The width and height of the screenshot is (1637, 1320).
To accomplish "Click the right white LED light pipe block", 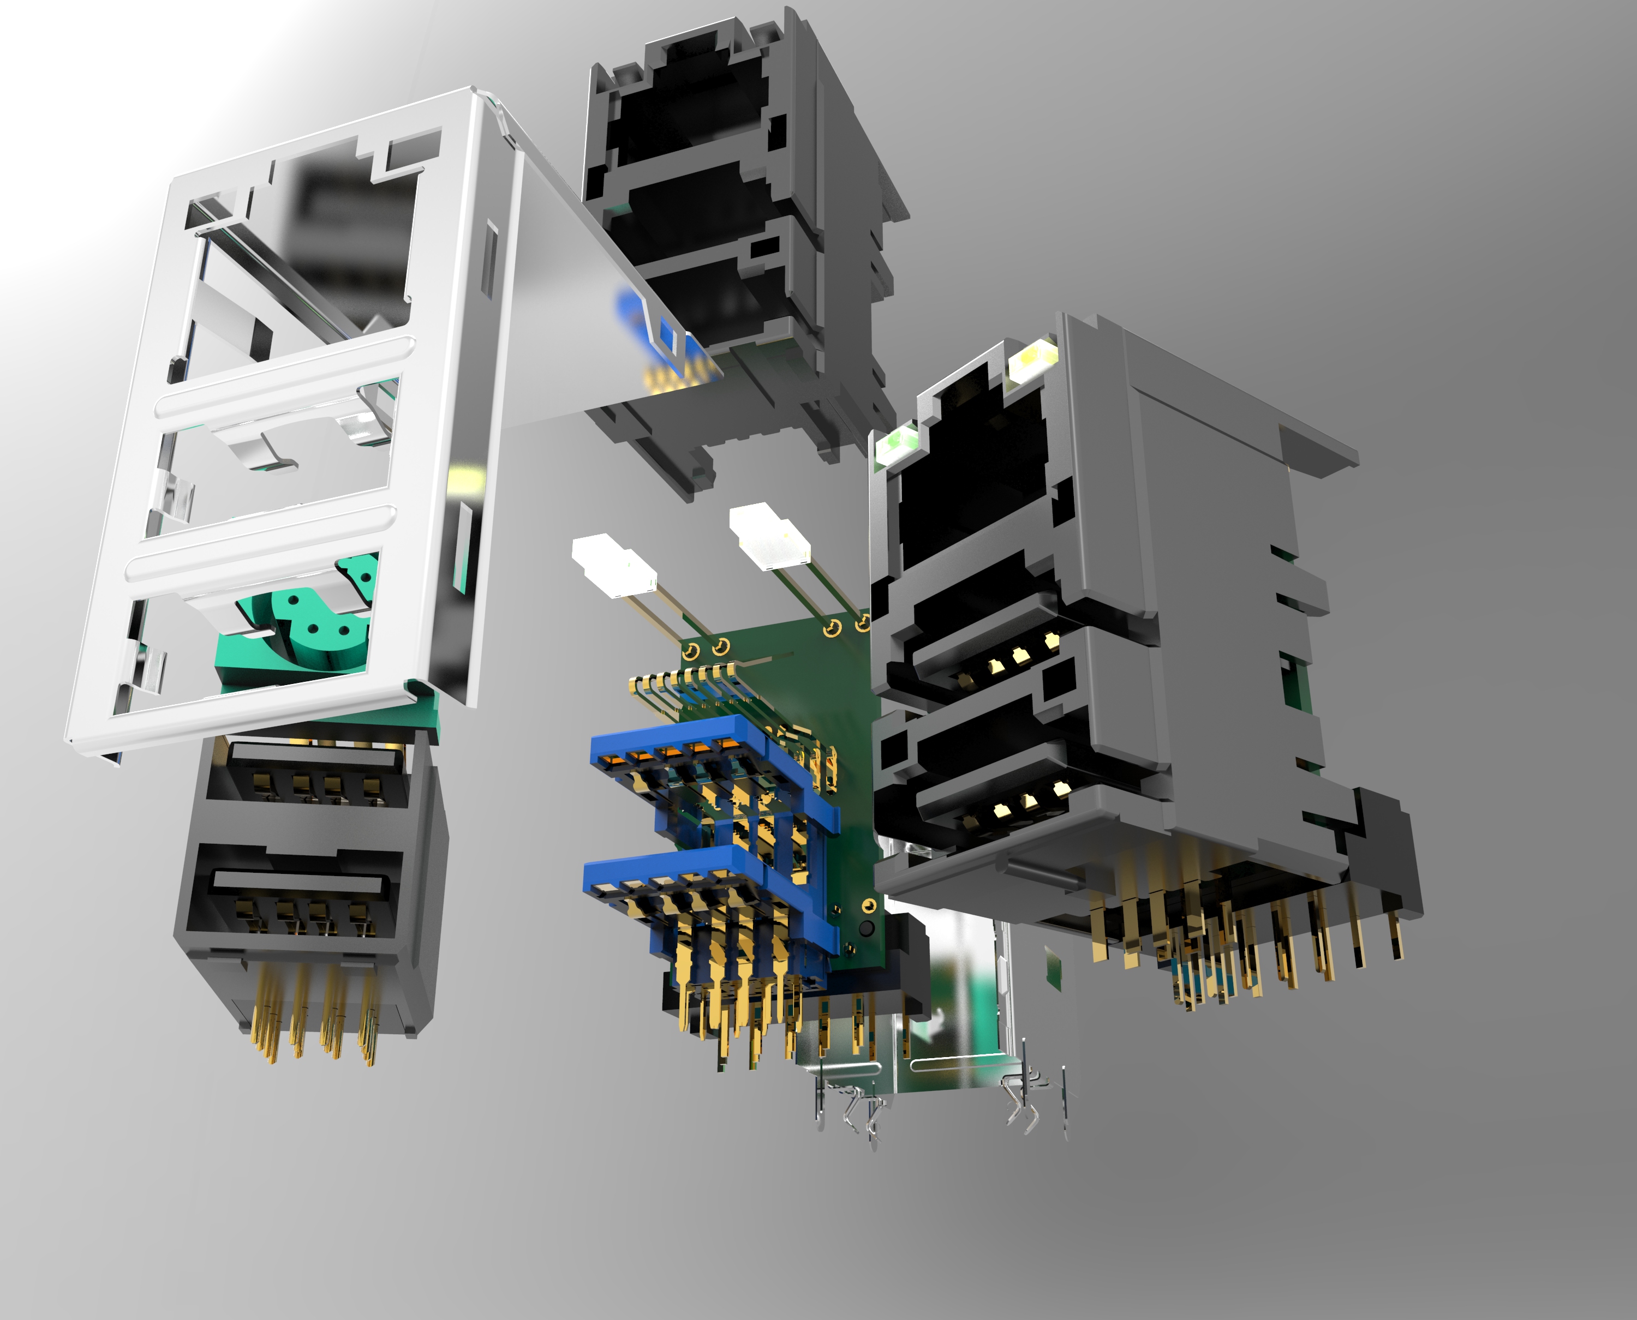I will (768, 537).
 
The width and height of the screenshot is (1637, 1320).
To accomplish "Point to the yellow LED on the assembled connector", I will (1033, 357).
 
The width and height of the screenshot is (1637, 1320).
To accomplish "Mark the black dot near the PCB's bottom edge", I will (864, 928).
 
